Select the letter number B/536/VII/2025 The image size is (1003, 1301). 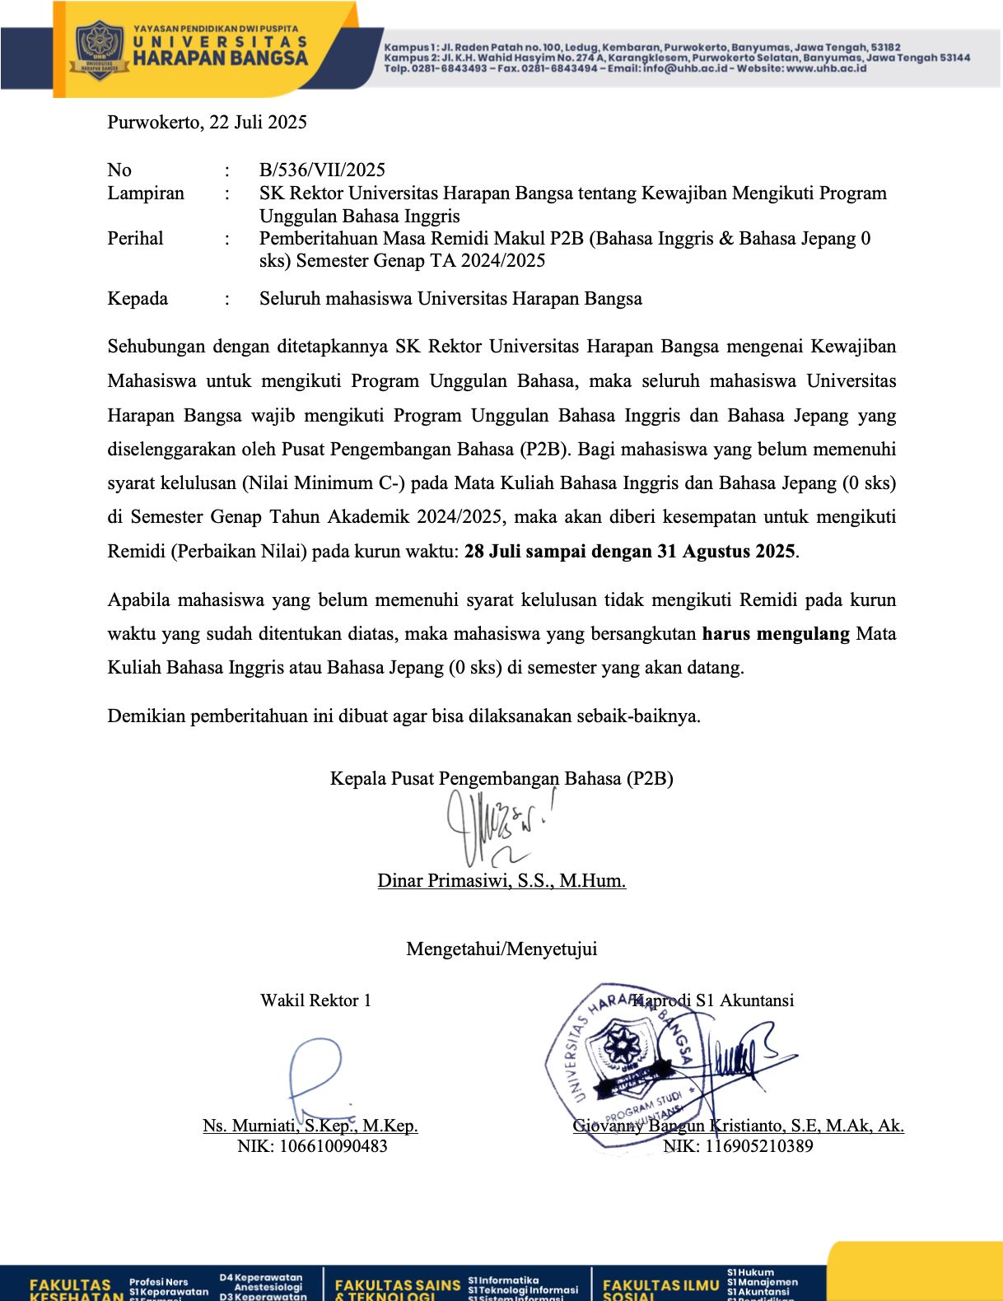322,170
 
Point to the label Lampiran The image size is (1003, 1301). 146,194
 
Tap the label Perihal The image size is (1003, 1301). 135,239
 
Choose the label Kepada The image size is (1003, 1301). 138,299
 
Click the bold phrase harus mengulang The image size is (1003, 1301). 776,634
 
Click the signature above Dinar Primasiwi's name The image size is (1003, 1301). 494,828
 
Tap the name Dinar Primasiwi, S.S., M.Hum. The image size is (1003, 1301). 502,881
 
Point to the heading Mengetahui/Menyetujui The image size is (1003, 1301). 502,949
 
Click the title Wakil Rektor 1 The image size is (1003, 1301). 315,1000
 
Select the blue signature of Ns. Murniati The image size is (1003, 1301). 317,1075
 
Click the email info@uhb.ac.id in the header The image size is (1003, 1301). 683,69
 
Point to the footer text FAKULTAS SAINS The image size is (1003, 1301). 398,1285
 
